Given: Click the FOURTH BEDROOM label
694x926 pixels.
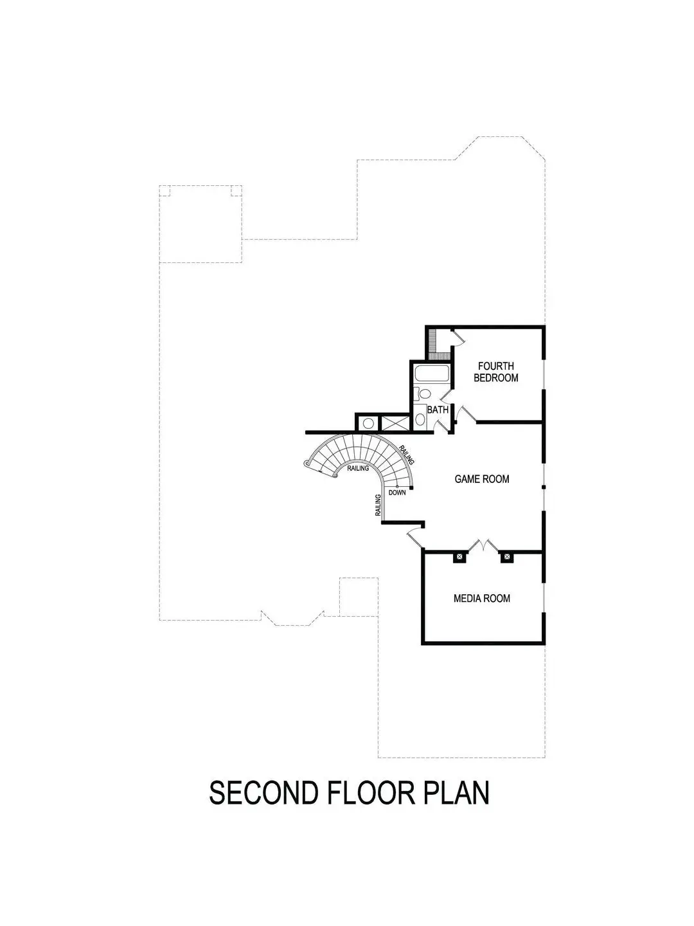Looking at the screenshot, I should coord(495,372).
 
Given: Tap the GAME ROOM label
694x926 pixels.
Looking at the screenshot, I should coord(481,479).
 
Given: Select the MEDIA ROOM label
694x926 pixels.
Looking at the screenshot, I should coord(481,598).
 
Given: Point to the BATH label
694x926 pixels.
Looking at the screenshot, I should coord(438,410).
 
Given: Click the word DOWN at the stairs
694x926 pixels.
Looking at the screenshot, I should coord(396,493).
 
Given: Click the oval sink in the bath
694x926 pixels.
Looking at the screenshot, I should coord(420,419).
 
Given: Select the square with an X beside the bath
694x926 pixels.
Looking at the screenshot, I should coord(394,424).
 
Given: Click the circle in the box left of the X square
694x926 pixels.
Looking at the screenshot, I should coord(368,424).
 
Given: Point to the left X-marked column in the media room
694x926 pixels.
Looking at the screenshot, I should coord(459,557).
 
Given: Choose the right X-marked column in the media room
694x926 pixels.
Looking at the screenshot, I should coord(506,557).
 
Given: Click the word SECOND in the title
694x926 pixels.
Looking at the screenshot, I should coord(263,793).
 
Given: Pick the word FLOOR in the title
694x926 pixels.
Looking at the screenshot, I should coord(370,793).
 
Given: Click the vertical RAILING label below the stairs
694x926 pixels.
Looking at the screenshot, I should coord(379,505).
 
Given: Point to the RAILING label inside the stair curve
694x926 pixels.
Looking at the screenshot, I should coord(358,469).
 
